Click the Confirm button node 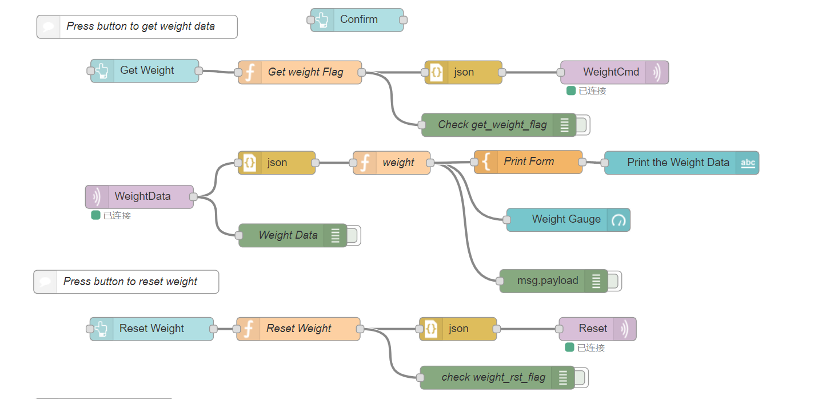coord(357,20)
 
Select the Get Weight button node coord(145,71)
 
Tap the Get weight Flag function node coord(300,72)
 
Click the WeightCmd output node coord(614,72)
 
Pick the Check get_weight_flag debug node coord(498,125)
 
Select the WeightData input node coord(139,197)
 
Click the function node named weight coord(392,163)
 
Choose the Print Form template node coord(528,162)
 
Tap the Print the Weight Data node coord(682,163)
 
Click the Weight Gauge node coord(568,220)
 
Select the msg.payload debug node coord(554,281)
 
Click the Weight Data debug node coord(293,235)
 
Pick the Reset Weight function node coord(298,329)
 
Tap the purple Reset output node coord(597,329)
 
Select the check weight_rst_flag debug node coord(497,378)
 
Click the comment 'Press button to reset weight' coord(126,282)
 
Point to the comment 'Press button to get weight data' coord(137,27)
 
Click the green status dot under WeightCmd coord(570,91)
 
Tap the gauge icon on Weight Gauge coord(619,220)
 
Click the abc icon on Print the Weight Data coord(748,163)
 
